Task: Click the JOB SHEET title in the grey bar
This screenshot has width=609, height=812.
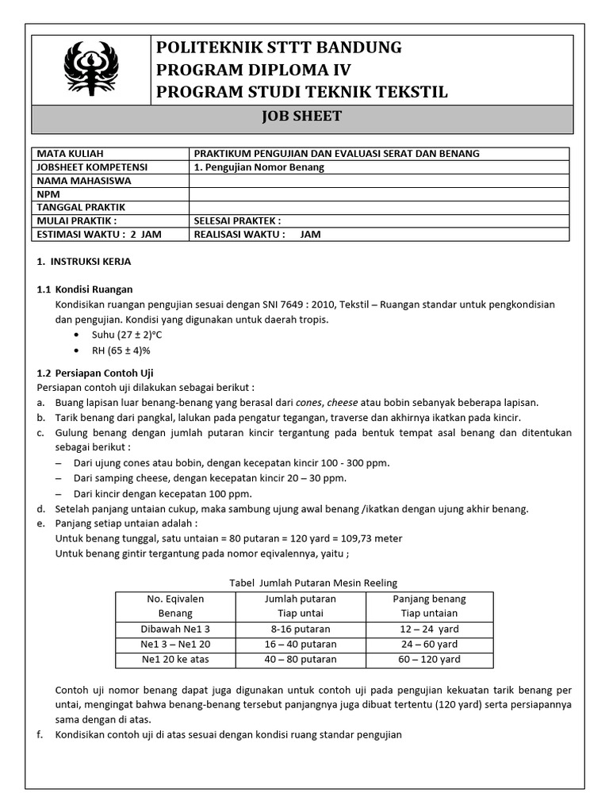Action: coord(301,117)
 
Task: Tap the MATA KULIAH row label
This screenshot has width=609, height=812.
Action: coord(71,153)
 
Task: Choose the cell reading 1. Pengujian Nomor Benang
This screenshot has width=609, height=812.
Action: coord(259,167)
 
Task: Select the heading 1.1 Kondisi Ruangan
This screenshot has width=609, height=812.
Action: coord(86,289)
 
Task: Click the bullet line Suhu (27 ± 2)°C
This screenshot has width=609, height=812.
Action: coord(127,335)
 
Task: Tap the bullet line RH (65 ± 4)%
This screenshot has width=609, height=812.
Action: coord(124,350)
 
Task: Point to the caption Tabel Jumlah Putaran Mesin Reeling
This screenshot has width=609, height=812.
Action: coord(313,584)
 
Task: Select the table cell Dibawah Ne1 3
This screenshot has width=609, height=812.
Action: coord(175,629)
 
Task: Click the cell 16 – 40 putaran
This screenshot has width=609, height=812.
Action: coord(301,644)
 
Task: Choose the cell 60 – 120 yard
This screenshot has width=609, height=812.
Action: coord(429,659)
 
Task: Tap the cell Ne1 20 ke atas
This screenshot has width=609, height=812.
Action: coord(175,659)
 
